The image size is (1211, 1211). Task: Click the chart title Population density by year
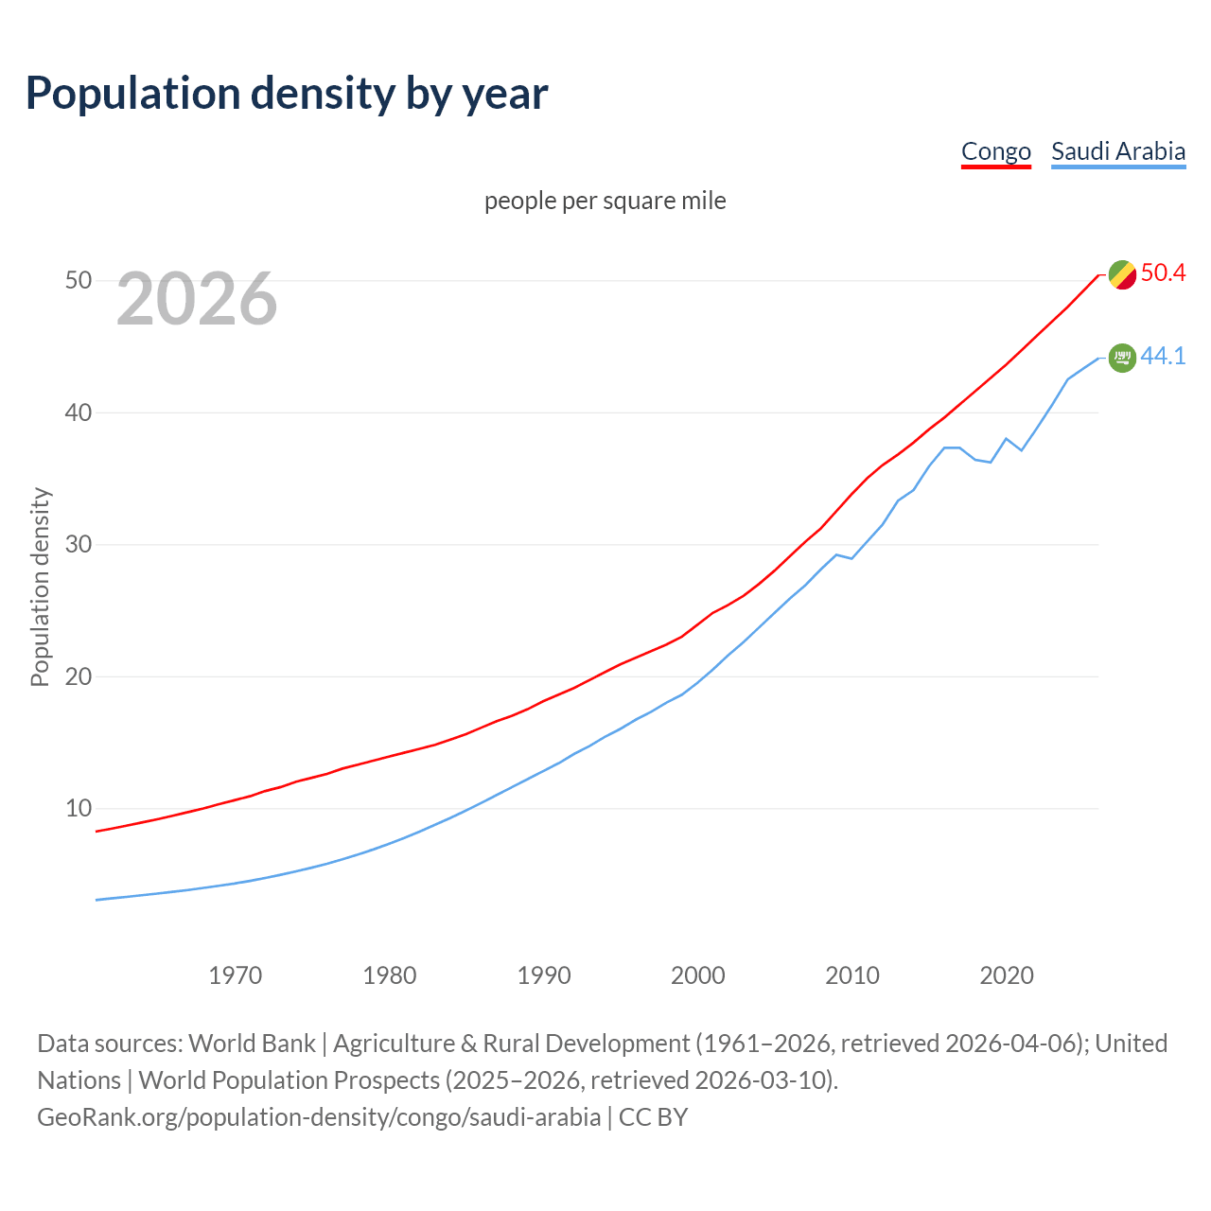tap(287, 94)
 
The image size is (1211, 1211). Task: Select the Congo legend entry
tap(995, 151)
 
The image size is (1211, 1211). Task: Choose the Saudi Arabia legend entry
tap(1118, 151)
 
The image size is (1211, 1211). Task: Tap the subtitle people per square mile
tap(605, 201)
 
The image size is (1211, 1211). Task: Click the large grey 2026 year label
tap(197, 300)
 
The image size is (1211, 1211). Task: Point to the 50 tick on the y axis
tap(79, 281)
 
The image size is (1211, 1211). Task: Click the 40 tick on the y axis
tap(79, 412)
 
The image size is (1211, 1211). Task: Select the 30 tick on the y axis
tap(79, 545)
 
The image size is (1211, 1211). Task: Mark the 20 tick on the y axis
tap(79, 676)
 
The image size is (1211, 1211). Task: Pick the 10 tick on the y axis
tap(79, 808)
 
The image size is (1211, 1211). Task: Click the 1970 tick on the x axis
tap(236, 975)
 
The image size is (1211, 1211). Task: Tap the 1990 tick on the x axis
tap(544, 975)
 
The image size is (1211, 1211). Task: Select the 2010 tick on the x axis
tap(852, 975)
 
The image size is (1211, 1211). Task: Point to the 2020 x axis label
tap(1007, 975)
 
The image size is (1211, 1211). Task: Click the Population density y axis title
tap(40, 587)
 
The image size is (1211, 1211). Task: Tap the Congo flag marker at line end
tap(1122, 274)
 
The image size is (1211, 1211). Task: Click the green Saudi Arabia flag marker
tap(1122, 358)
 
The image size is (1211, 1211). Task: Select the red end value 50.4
tap(1163, 273)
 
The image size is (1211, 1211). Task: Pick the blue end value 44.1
tap(1163, 357)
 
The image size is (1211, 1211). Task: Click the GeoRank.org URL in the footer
tap(319, 1117)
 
